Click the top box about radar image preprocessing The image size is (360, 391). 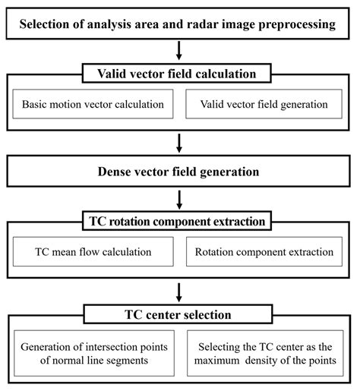180,25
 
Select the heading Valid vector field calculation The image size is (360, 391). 180,74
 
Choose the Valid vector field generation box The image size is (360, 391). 266,103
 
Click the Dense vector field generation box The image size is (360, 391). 180,172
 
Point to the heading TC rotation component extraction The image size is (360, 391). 180,221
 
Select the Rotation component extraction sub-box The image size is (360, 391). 266,251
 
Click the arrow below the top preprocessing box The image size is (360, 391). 180,52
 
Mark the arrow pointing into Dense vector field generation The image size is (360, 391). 180,142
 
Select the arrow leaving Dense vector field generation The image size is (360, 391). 180,200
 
